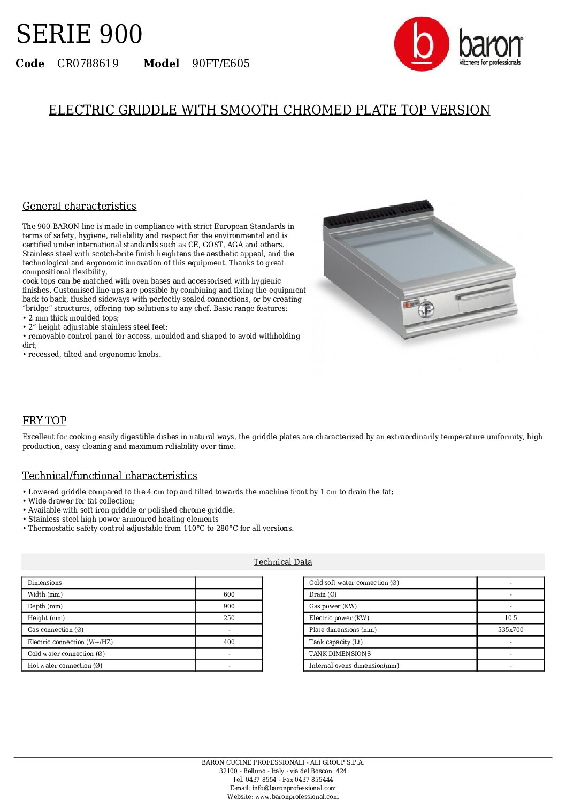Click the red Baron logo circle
tap(421, 44)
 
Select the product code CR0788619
tap(88, 64)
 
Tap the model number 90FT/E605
tap(220, 64)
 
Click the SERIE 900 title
tap(79, 34)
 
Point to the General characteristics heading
tap(79, 206)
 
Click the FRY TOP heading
tap(44, 421)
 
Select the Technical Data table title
tap(282, 562)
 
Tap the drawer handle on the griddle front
tap(483, 292)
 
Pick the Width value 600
tap(229, 594)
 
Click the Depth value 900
tap(229, 606)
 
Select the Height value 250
tap(229, 618)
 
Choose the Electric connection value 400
tap(229, 642)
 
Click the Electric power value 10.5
tap(510, 618)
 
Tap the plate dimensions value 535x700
tap(510, 630)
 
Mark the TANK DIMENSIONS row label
tap(340, 654)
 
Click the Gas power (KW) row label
tap(333, 606)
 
